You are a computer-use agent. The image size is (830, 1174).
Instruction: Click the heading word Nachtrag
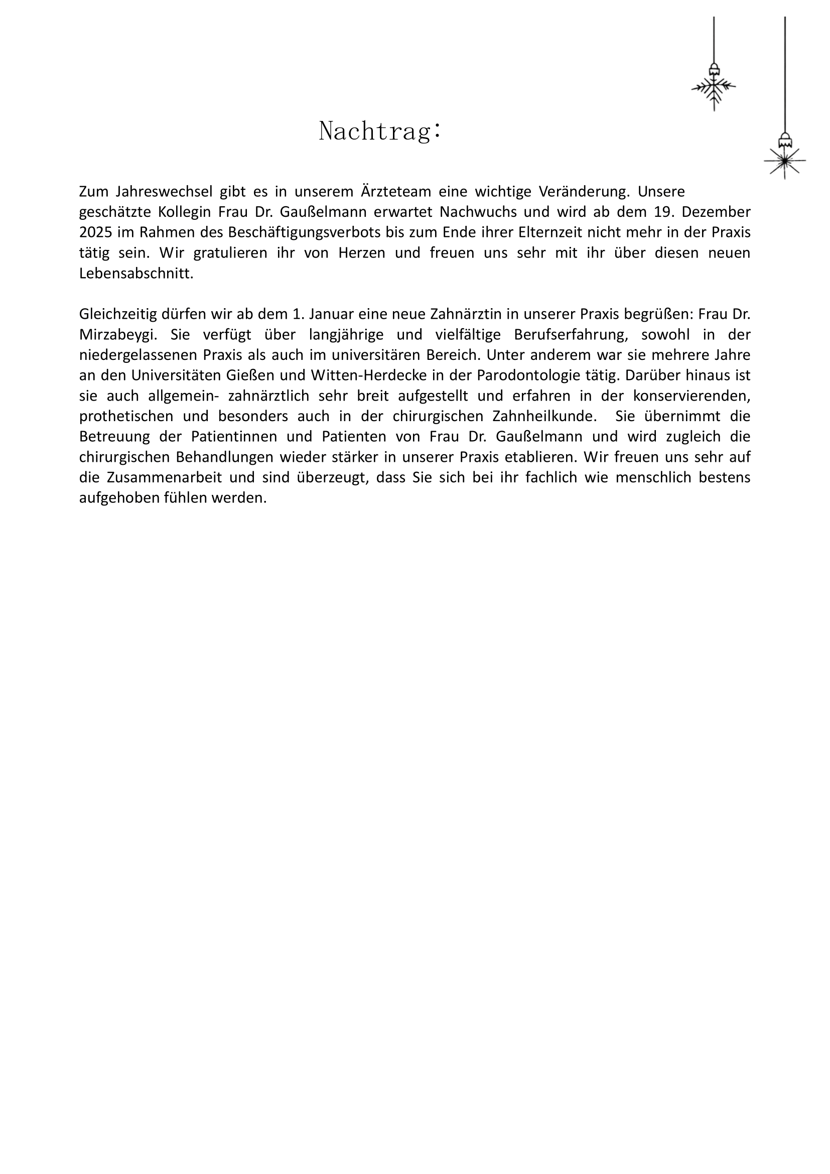[x=379, y=131]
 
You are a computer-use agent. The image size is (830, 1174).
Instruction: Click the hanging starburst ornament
[x=784, y=161]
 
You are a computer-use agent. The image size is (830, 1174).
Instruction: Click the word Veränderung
[x=583, y=192]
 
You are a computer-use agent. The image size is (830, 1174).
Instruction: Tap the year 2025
[x=95, y=232]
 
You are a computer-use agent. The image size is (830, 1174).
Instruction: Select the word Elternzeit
[x=551, y=232]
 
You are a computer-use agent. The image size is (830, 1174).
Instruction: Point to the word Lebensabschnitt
[x=136, y=273]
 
